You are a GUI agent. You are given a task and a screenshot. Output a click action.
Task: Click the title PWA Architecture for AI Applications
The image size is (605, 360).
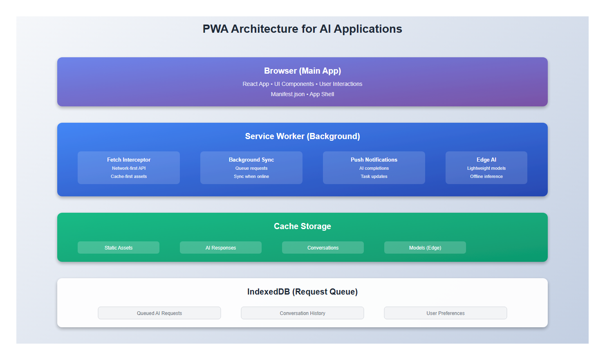click(x=302, y=29)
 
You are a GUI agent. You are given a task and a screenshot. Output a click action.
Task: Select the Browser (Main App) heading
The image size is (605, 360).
click(x=302, y=71)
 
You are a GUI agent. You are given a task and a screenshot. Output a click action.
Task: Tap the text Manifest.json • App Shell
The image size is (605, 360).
click(x=302, y=94)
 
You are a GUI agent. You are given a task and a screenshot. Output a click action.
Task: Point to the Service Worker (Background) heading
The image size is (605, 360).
click(x=302, y=136)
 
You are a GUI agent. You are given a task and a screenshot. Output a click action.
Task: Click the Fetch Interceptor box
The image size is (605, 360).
click(x=128, y=167)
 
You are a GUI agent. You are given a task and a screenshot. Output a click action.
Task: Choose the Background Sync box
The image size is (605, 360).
click(x=251, y=167)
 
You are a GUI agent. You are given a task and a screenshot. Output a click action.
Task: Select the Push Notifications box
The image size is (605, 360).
click(x=374, y=167)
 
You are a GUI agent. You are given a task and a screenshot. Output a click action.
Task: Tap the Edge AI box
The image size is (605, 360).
click(x=486, y=167)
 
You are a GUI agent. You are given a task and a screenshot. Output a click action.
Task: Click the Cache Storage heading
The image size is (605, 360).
click(x=302, y=226)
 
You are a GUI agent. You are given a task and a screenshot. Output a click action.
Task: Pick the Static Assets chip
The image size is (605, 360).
click(x=119, y=248)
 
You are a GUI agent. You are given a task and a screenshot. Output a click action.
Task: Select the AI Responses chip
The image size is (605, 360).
click(x=221, y=248)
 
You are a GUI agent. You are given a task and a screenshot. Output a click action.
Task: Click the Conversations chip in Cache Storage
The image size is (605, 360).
click(x=323, y=248)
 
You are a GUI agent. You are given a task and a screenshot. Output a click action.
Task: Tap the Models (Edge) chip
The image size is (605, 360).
click(x=425, y=248)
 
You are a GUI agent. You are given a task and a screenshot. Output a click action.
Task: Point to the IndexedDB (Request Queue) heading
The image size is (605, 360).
click(x=302, y=292)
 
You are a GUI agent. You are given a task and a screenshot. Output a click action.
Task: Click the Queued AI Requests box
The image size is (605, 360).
click(x=159, y=313)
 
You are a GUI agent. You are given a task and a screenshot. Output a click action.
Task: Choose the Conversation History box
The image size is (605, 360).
click(x=302, y=313)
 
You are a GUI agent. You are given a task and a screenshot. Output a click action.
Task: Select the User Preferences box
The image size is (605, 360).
click(x=446, y=313)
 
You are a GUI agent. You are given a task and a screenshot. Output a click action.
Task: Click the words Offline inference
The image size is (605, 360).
click(x=486, y=176)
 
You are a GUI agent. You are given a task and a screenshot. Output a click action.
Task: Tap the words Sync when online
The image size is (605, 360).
click(x=251, y=176)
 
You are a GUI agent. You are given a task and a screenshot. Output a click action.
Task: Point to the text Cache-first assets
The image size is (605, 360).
click(x=128, y=176)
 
